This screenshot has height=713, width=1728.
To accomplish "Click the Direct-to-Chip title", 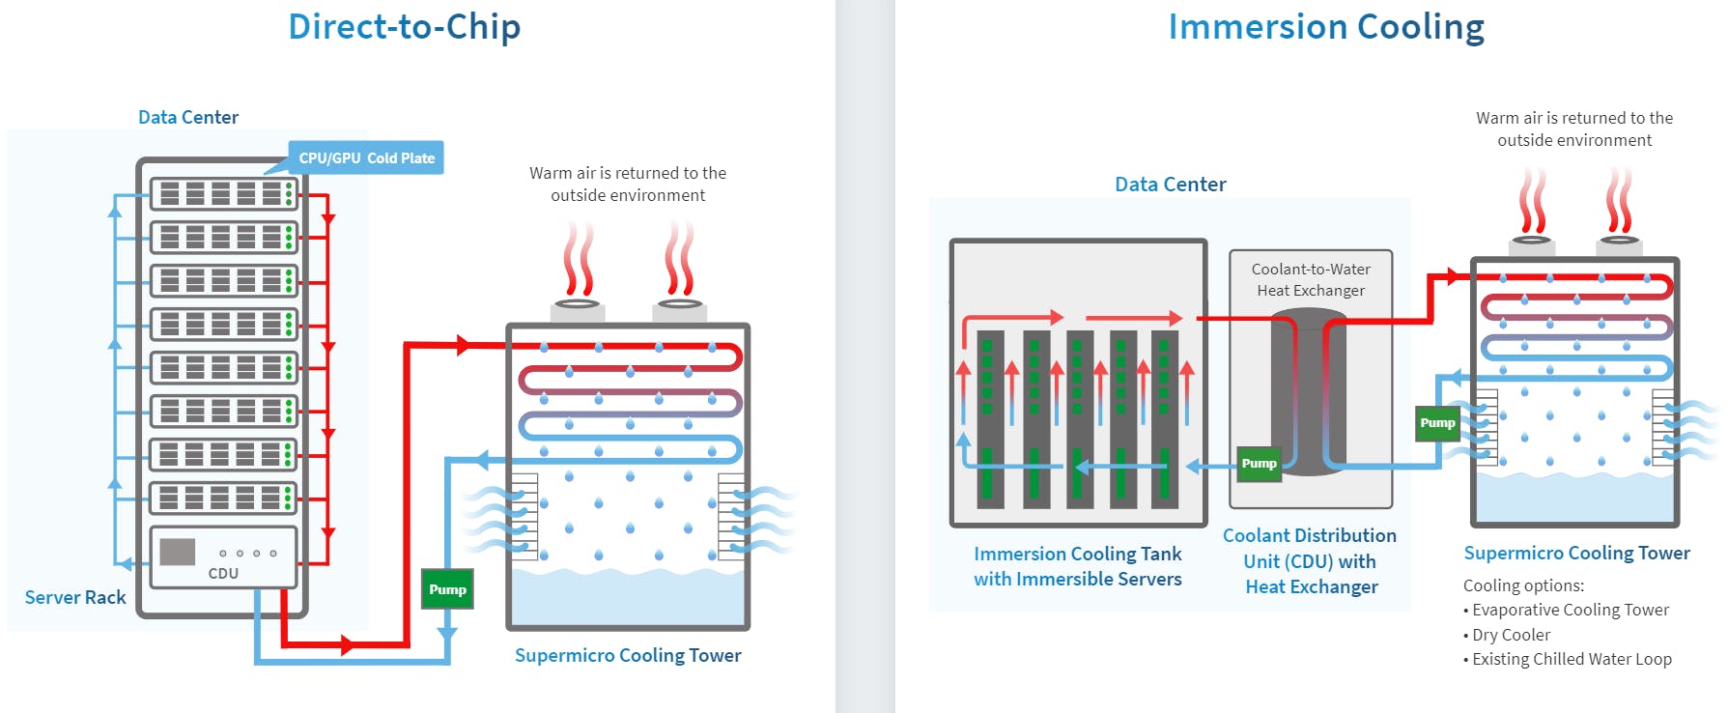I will click(x=404, y=27).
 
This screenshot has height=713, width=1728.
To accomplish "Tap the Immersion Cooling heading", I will click(x=1325, y=27).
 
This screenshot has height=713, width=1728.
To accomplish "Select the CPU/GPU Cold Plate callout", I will click(x=366, y=158).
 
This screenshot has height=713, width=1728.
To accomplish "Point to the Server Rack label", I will click(x=75, y=597).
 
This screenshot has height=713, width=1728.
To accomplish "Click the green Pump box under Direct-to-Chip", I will click(x=447, y=589).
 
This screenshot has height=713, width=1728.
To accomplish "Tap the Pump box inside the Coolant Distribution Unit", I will click(x=1259, y=464).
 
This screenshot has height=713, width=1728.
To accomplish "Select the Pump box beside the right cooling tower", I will click(x=1437, y=423).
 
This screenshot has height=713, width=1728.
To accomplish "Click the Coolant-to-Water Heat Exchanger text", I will click(x=1311, y=279).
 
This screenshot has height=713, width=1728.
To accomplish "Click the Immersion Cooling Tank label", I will click(x=1077, y=566).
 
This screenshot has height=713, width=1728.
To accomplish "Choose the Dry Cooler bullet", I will click(x=1511, y=635).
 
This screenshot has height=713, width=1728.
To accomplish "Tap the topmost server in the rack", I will click(x=223, y=193).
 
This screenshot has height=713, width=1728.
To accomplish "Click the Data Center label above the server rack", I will click(x=188, y=117).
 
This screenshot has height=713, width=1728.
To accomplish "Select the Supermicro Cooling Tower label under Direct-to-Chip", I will click(x=628, y=655).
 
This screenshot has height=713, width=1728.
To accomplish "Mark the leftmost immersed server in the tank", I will click(x=990, y=420).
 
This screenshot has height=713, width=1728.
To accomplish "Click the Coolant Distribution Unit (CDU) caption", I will click(x=1310, y=560).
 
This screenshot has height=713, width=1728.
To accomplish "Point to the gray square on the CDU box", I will click(x=177, y=552).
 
